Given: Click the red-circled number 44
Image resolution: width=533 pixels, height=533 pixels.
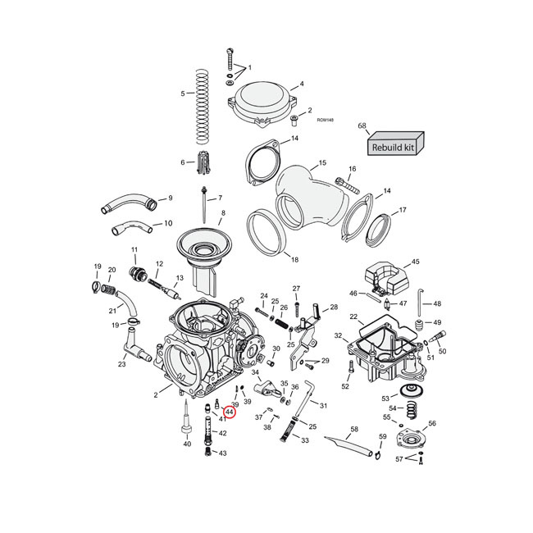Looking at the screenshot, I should pyautogui.click(x=230, y=412).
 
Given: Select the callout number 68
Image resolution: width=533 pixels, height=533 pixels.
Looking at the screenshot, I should pyautogui.click(x=362, y=125).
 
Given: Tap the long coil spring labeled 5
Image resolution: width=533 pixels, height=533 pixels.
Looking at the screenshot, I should pyautogui.click(x=203, y=97).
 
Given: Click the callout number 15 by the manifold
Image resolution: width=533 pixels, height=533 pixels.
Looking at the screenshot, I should pyautogui.click(x=321, y=163).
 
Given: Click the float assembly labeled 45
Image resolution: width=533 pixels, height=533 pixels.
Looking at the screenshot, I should pyautogui.click(x=381, y=278).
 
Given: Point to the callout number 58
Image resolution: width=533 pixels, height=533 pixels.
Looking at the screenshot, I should pyautogui.click(x=353, y=428).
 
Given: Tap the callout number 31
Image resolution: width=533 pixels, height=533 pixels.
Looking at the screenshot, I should pyautogui.click(x=323, y=406).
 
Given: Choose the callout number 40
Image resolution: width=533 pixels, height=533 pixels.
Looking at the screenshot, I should pyautogui.click(x=187, y=444).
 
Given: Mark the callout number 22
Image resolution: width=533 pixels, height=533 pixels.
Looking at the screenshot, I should pyautogui.click(x=353, y=317).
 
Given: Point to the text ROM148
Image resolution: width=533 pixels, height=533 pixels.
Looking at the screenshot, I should pyautogui.click(x=325, y=120).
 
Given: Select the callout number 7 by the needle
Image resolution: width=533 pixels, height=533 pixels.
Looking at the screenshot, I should pyautogui.click(x=219, y=199).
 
